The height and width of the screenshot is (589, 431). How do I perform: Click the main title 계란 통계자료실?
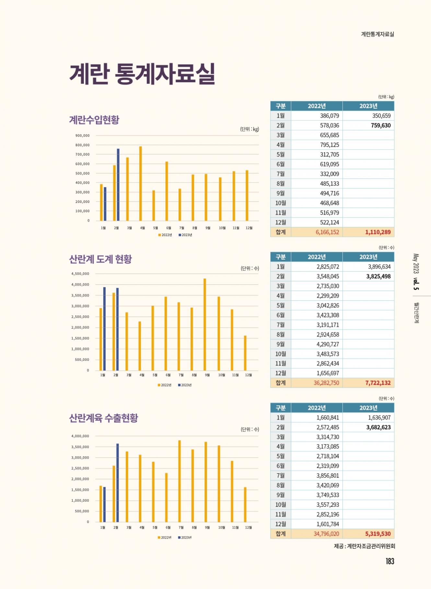coord(142,74)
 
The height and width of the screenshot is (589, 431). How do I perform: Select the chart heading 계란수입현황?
coord(94,120)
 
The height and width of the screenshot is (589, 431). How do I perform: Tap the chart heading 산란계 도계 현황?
coord(100,259)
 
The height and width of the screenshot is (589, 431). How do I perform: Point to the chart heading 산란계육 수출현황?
coord(104,418)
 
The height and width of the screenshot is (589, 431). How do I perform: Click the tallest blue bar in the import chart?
coord(118,184)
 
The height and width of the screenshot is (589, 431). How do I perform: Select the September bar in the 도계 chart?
coord(205,324)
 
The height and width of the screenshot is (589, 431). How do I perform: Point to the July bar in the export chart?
coord(180,481)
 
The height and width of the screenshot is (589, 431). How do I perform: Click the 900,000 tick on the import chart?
coord(82,136)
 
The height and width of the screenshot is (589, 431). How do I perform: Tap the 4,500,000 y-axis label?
coord(80,274)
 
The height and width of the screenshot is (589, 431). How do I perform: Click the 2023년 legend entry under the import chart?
coord(185,235)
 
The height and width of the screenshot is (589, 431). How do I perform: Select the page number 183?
coord(390,561)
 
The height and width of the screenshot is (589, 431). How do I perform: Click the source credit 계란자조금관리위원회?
coord(371,546)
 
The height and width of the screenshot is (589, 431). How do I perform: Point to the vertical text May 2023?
coord(416,264)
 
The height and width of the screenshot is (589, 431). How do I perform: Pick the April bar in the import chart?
coord(141,183)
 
